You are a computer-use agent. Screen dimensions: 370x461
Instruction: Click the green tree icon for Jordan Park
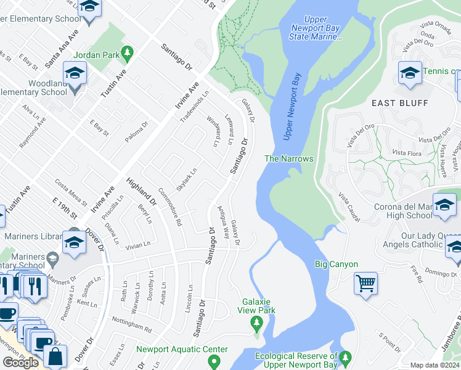point(128,54)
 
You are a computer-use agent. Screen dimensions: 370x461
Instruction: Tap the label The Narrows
point(289,158)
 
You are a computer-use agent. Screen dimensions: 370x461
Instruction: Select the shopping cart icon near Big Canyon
point(365,284)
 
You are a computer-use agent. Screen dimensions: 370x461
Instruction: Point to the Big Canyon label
point(336,265)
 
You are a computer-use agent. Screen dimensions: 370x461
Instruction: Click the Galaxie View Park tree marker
point(257,323)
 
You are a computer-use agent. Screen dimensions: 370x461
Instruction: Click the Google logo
point(20,362)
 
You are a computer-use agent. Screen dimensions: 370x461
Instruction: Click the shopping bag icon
point(55,356)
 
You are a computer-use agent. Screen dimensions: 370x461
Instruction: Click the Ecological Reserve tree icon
point(346,357)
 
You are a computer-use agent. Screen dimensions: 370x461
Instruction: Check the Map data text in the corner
point(434,365)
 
